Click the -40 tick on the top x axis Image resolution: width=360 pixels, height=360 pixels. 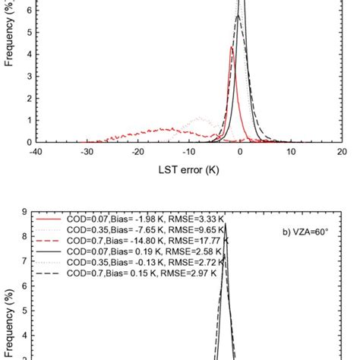click(35, 151)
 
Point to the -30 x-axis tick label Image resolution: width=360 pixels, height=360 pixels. click(86, 151)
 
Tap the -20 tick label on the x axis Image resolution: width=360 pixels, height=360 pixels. click(137, 151)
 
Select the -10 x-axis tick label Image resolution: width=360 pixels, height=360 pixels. click(188, 151)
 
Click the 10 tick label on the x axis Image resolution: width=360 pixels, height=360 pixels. click(291, 151)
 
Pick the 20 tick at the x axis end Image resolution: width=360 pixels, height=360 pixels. click(342, 151)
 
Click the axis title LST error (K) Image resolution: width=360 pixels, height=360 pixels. click(188, 170)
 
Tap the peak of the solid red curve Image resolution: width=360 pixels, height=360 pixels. click(231, 48)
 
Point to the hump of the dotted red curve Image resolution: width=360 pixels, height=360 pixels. click(199, 118)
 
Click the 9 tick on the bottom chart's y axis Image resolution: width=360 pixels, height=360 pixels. click(25, 213)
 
